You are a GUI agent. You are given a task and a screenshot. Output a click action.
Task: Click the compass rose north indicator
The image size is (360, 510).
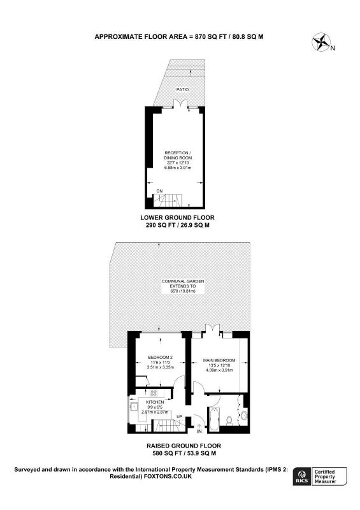[321, 42]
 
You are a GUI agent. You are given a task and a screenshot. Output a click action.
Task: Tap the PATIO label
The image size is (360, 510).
[182, 89]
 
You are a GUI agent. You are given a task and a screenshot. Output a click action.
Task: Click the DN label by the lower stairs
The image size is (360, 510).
[159, 191]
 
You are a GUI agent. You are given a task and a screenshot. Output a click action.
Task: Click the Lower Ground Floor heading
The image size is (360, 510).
[177, 217]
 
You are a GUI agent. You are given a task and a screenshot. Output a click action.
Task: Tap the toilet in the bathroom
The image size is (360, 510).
[229, 421]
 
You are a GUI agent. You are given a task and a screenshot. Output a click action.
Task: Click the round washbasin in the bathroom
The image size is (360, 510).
[244, 415]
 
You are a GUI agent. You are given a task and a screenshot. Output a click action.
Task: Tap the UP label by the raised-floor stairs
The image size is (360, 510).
[179, 417]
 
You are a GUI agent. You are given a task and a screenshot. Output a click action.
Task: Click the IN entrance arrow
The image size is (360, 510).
[199, 426]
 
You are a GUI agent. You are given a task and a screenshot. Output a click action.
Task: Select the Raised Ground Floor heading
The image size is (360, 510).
[184, 446]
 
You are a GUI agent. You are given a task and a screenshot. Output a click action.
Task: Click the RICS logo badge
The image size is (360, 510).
[302, 476]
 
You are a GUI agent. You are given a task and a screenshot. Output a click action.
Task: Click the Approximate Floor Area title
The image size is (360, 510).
[179, 37]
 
